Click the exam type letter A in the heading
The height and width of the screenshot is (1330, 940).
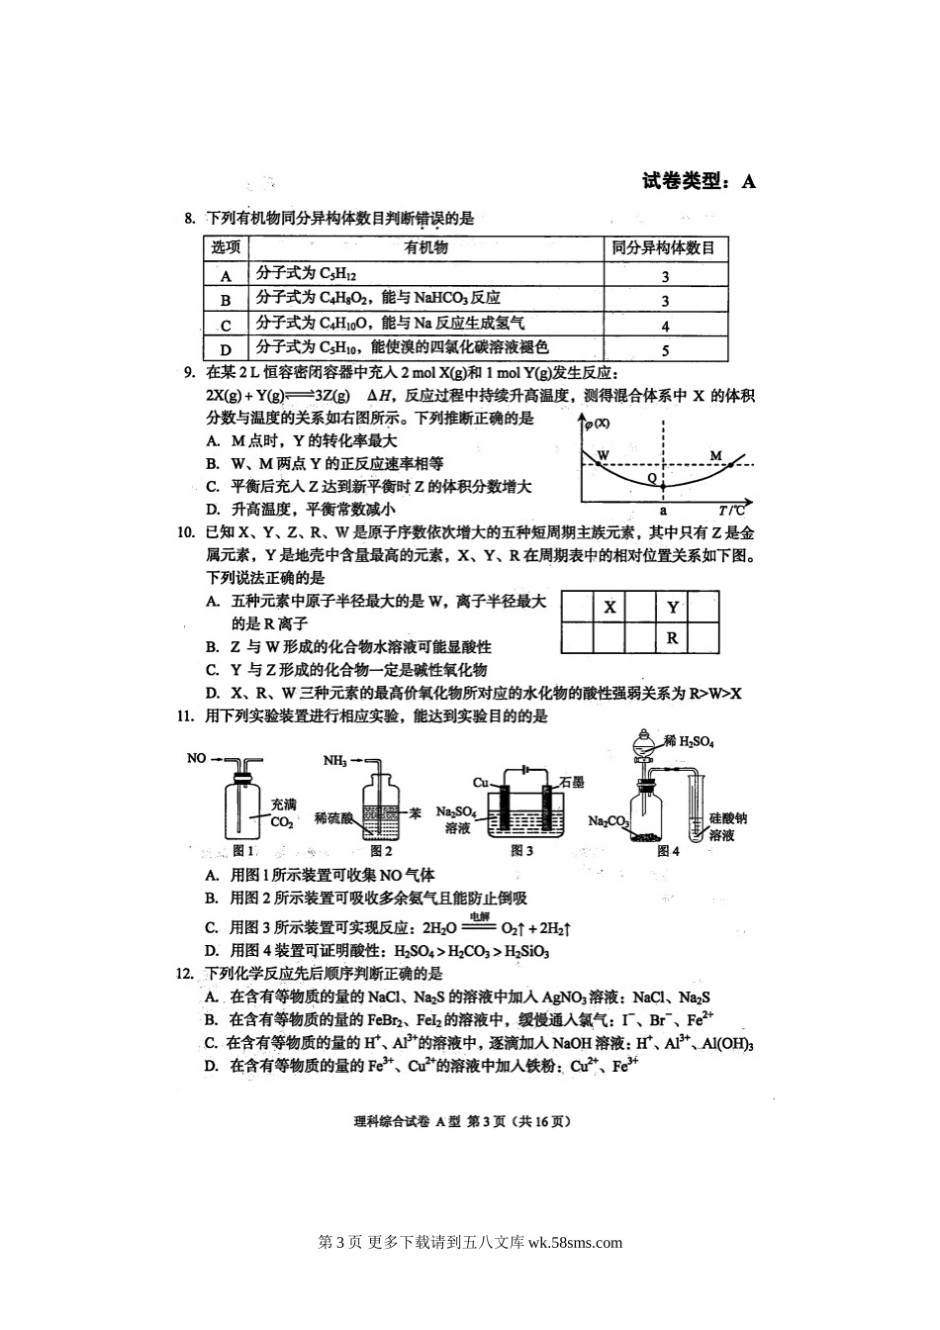click(x=748, y=181)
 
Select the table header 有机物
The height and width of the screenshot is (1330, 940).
click(x=426, y=248)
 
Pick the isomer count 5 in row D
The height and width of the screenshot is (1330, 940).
click(x=665, y=349)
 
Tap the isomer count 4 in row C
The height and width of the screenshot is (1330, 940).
click(x=665, y=326)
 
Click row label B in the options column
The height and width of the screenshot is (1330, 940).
click(x=226, y=300)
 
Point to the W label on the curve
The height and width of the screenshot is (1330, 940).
click(x=603, y=455)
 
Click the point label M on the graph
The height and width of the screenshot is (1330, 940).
click(x=716, y=455)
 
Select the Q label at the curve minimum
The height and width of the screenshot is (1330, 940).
click(x=652, y=477)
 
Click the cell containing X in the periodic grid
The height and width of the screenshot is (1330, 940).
click(x=610, y=608)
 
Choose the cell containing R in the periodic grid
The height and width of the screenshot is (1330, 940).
click(x=672, y=638)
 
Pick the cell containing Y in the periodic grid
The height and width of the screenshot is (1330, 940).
click(x=673, y=608)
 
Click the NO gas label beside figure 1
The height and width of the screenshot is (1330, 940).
click(x=196, y=758)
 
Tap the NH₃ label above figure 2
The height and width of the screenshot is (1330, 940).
click(x=334, y=760)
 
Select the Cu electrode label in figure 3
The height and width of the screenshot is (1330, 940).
click(x=481, y=782)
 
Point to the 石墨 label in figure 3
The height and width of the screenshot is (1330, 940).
click(x=571, y=782)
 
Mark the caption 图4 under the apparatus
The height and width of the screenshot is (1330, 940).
click(x=668, y=849)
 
